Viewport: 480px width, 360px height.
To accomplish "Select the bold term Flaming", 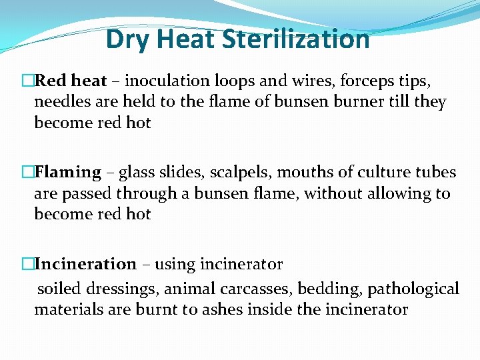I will [67, 172].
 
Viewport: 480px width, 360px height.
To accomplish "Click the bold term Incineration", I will [85, 264].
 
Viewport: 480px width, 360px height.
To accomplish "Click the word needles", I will [61, 102].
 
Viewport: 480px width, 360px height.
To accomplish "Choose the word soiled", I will [57, 289].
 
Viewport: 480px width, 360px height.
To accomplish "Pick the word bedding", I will [324, 289].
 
